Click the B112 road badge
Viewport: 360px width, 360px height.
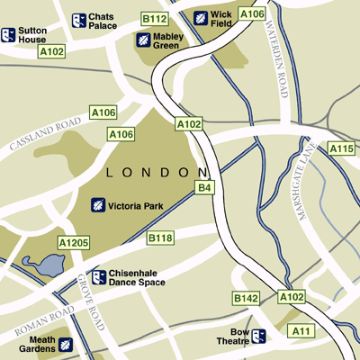(155, 19)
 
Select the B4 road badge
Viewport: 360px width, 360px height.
(205, 187)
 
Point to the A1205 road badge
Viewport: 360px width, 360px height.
(74, 243)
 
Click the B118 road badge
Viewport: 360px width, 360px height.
(159, 238)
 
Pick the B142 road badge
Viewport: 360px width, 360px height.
(246, 298)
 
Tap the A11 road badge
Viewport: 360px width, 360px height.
(301, 333)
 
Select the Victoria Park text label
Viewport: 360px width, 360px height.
(134, 207)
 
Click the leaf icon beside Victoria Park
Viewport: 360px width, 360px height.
(97, 206)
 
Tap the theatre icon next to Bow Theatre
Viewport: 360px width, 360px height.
(258, 337)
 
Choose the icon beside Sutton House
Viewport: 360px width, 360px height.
(8, 35)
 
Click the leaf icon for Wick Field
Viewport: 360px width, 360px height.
(200, 18)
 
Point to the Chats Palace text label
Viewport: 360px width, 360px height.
(103, 21)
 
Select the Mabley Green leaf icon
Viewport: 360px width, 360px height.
(142, 40)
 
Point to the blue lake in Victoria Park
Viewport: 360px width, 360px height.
(43, 265)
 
